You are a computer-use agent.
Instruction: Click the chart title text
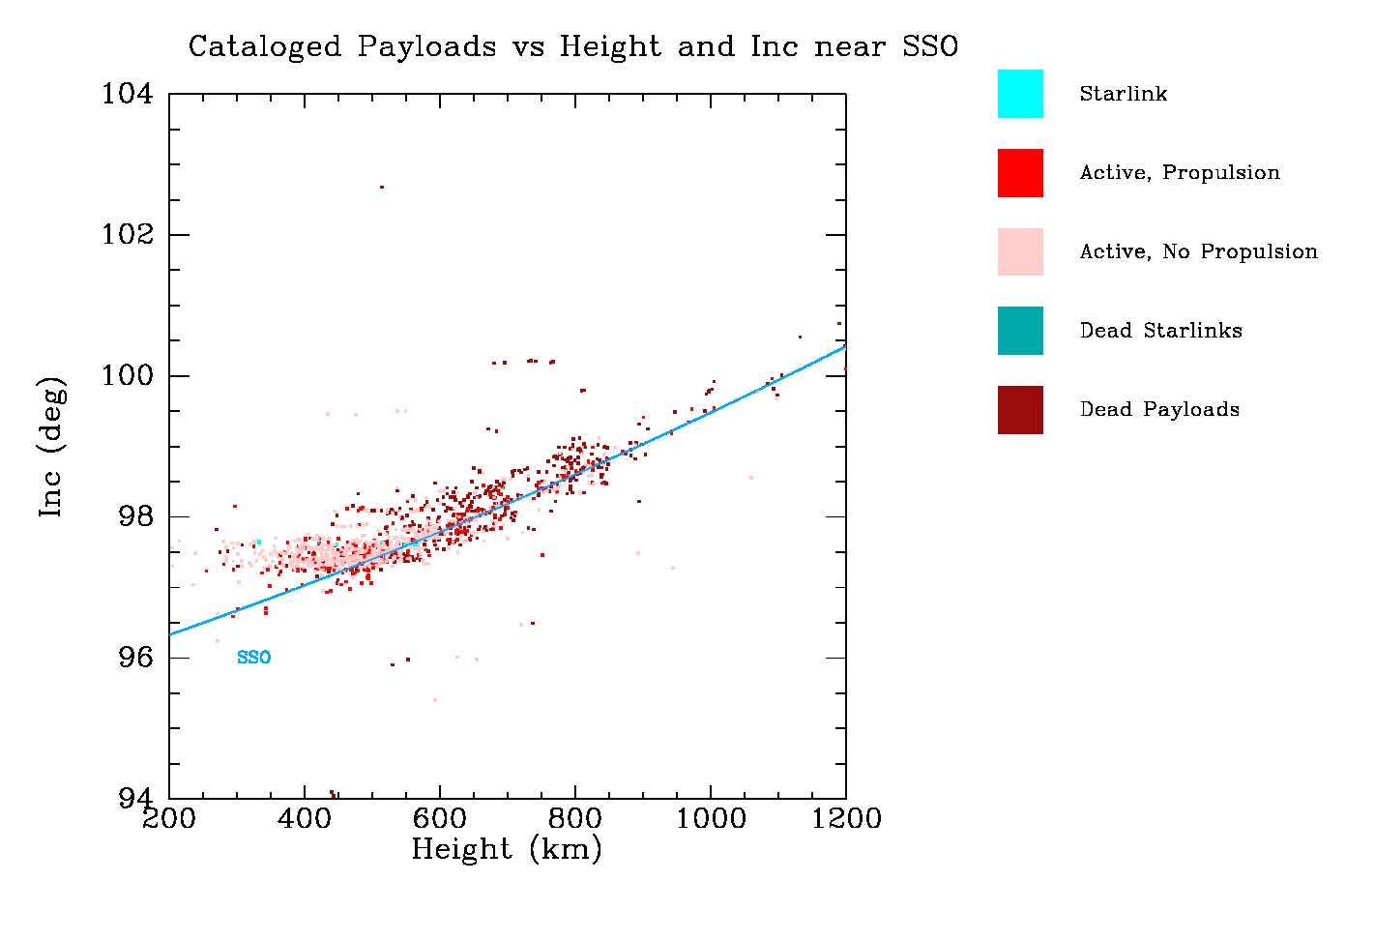[x=572, y=46]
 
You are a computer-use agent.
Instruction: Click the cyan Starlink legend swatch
[x=1020, y=94]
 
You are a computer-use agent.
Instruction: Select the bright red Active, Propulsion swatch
[x=1020, y=173]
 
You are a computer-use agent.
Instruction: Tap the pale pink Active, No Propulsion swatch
[x=1020, y=252]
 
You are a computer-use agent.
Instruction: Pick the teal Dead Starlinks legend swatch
[x=1020, y=331]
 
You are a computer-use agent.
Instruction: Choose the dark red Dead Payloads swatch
[x=1020, y=410]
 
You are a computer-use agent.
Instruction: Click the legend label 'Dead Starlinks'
[x=1160, y=331]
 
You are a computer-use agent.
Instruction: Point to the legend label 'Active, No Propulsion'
[x=1198, y=252]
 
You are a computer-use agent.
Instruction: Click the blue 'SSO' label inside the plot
[x=253, y=658]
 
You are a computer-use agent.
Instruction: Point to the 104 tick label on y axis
[x=128, y=94]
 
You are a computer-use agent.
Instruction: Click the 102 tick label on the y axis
[x=128, y=235]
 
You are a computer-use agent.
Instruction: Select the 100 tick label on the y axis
[x=128, y=375]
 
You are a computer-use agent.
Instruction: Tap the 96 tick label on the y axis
[x=136, y=658]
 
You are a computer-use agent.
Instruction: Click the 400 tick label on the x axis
[x=305, y=819]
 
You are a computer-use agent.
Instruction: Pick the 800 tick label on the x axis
[x=575, y=819]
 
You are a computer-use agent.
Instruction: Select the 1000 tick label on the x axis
[x=711, y=819]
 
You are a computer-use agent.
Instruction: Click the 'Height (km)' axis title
[x=507, y=849]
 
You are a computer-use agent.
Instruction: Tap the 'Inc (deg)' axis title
[x=52, y=446]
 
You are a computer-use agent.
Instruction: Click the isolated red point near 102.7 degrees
[x=382, y=187]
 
